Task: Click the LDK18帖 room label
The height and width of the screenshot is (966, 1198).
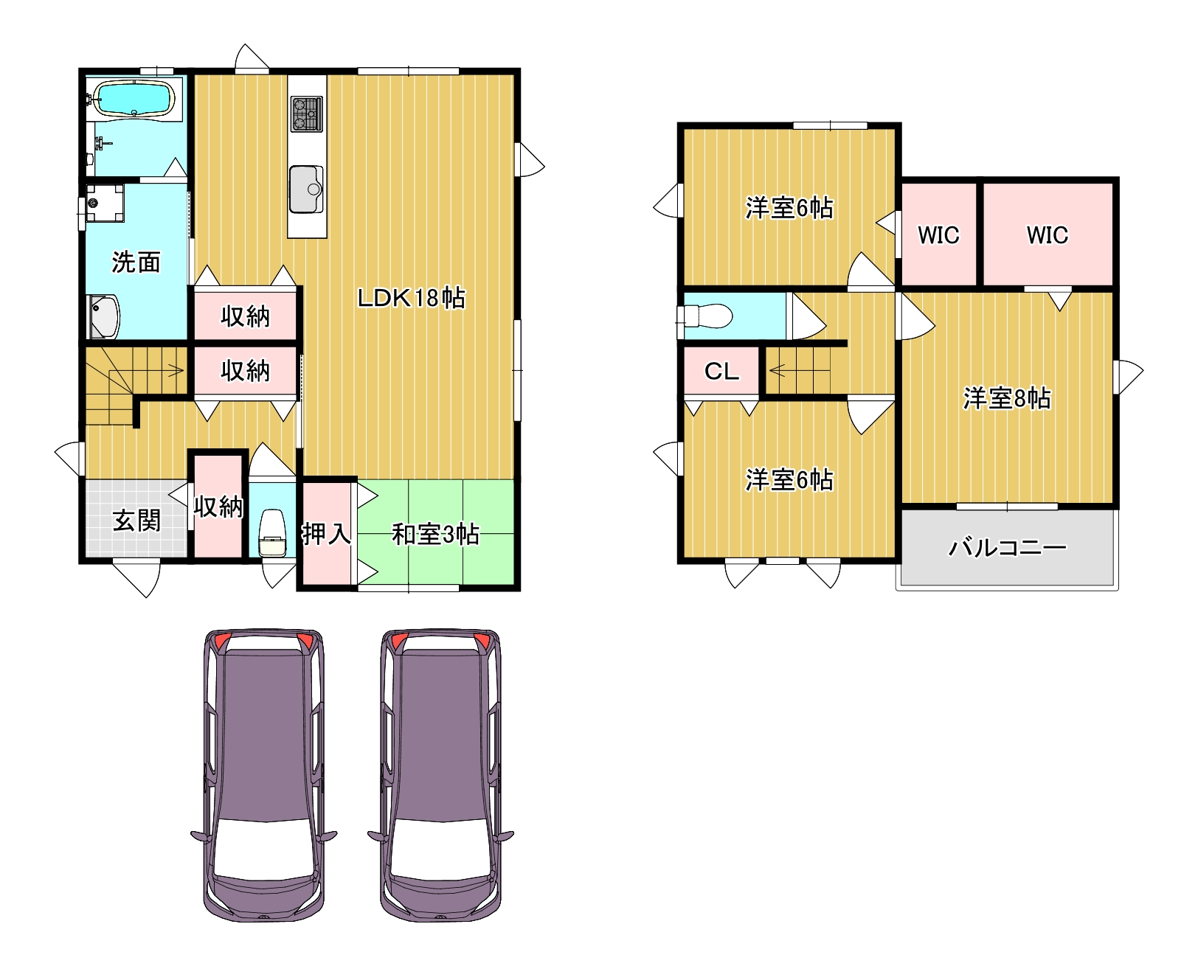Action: [x=411, y=298]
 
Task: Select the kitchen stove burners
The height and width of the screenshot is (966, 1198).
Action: [x=306, y=114]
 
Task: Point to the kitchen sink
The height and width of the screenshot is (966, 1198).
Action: [x=306, y=189]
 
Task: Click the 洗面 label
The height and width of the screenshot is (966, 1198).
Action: [x=136, y=262]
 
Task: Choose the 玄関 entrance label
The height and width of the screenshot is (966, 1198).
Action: [x=136, y=521]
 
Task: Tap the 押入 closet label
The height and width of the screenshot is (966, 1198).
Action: [x=326, y=534]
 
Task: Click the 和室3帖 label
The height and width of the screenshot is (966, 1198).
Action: [x=435, y=534]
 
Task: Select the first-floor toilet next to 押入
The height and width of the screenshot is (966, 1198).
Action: [x=272, y=532]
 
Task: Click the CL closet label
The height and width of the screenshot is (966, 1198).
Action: [x=721, y=371]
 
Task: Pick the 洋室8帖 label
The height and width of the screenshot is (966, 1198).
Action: [x=1007, y=398]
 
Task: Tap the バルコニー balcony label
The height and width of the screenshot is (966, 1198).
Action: [x=1007, y=548]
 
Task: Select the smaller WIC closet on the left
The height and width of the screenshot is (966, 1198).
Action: [x=939, y=234]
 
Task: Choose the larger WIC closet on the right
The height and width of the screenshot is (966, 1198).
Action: [x=1048, y=234]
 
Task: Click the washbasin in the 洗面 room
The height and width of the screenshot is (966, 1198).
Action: [x=104, y=316]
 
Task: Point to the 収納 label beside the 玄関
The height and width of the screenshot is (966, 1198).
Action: [x=218, y=507]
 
